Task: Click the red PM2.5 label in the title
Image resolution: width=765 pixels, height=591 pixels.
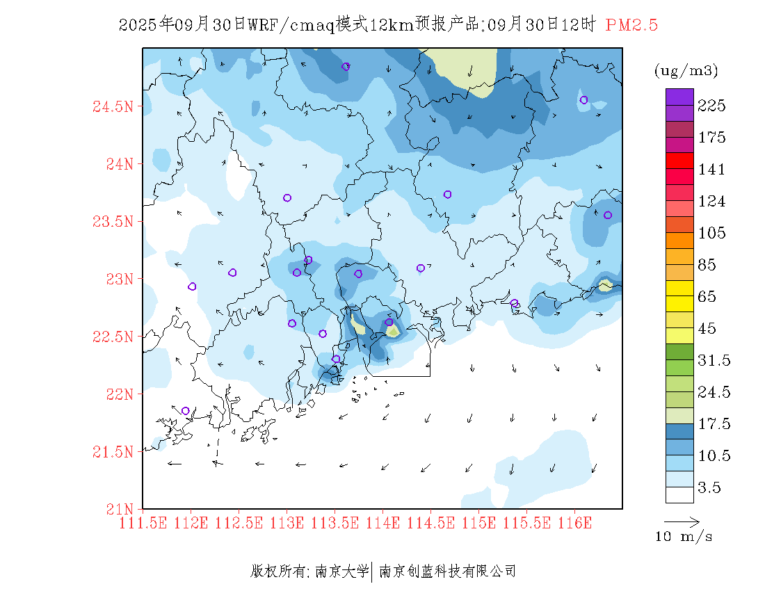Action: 631,25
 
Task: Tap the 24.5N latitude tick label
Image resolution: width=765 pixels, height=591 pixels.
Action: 113,107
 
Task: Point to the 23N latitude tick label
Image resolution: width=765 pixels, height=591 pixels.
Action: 118,280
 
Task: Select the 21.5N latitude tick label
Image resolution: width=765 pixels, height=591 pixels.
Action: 113,452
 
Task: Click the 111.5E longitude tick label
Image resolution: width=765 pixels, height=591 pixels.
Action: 144,522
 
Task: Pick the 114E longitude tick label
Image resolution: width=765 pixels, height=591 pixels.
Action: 382,522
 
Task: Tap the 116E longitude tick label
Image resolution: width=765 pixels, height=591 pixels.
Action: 574,522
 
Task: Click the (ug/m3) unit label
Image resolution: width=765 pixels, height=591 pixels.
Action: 686,71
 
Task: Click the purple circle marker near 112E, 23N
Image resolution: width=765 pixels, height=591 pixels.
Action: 192,286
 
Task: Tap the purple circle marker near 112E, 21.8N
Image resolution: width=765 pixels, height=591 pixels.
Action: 185,411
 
